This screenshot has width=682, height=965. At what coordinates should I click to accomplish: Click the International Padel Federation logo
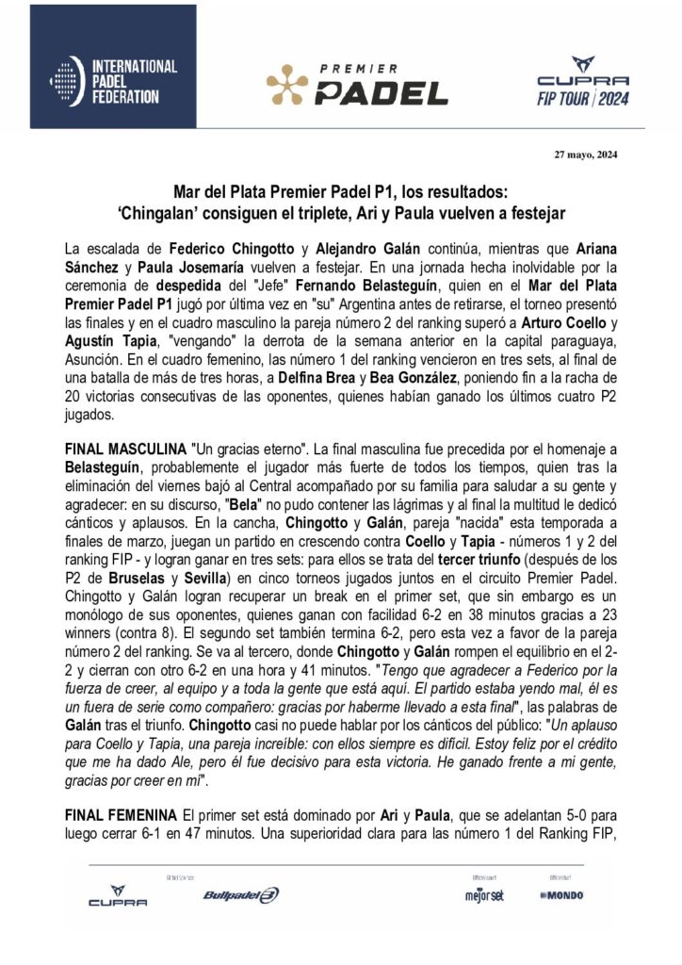pos(114,81)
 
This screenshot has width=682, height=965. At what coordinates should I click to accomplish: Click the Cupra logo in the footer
pos(118,896)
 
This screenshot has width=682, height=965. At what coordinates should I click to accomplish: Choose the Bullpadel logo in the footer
pos(240,895)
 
